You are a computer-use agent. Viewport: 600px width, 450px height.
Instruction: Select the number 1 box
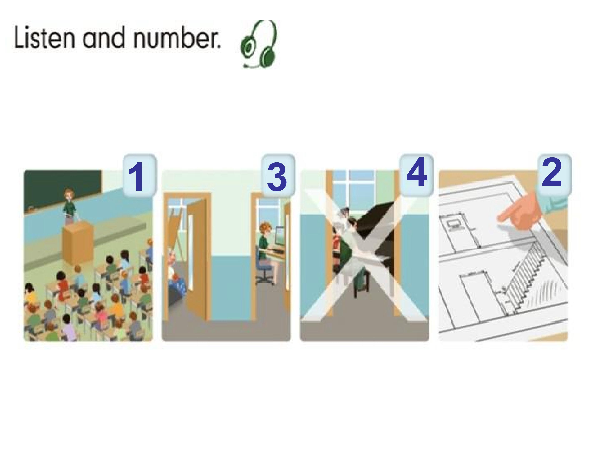pyautogui.click(x=140, y=175)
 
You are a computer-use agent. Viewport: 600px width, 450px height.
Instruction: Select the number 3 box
pyautogui.click(x=278, y=175)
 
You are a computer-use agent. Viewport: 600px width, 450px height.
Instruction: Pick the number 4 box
pyautogui.click(x=416, y=175)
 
